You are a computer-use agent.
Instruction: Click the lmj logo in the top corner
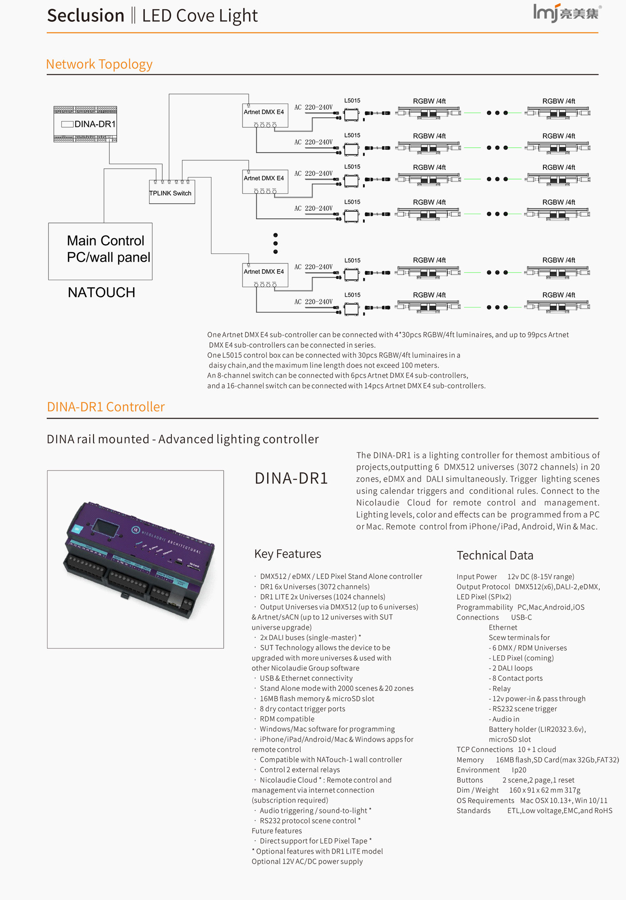(x=566, y=13)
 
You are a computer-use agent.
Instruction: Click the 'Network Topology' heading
(x=99, y=64)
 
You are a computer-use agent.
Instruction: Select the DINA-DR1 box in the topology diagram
(x=86, y=124)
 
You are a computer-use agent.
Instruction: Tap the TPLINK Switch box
(x=172, y=192)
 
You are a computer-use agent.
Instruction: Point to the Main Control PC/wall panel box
(x=100, y=251)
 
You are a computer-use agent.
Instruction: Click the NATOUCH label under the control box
(x=101, y=293)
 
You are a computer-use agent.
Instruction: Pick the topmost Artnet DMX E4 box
(x=265, y=115)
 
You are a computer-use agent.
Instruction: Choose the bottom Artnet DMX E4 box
(x=265, y=274)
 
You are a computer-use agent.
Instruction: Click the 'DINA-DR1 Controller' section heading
(x=106, y=407)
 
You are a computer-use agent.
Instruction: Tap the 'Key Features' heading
(x=288, y=554)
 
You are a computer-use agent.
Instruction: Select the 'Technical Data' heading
(x=495, y=556)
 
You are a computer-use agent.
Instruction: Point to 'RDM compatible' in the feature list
(x=287, y=719)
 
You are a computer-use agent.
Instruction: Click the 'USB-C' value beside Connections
(x=521, y=617)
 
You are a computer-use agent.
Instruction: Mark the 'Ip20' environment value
(x=519, y=770)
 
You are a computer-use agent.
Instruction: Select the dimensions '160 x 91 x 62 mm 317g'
(x=545, y=790)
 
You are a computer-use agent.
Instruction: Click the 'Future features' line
(x=277, y=831)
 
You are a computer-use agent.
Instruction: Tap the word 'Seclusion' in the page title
(x=86, y=16)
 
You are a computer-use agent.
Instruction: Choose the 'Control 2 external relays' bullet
(x=300, y=770)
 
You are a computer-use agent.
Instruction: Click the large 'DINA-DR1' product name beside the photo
(x=291, y=478)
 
